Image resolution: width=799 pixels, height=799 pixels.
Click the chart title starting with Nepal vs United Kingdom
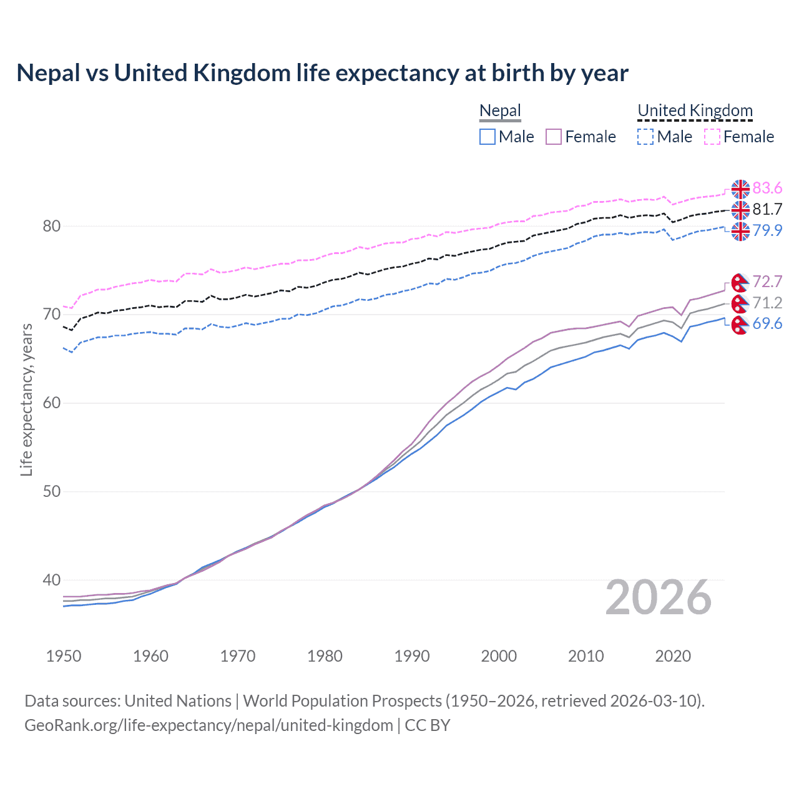point(322,73)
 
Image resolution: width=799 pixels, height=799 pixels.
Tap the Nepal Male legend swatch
point(488,137)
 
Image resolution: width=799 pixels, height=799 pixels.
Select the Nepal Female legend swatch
point(554,137)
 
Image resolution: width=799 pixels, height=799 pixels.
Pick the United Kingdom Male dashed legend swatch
point(645,137)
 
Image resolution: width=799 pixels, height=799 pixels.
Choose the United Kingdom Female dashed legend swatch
point(712,137)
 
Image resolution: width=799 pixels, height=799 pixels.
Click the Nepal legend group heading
point(500,111)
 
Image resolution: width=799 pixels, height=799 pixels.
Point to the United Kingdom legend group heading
point(695,111)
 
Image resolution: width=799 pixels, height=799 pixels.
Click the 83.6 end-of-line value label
point(767,189)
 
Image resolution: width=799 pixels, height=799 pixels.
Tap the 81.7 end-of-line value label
point(767,210)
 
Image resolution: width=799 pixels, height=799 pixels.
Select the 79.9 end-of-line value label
point(767,231)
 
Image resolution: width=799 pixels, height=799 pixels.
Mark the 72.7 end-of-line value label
point(767,282)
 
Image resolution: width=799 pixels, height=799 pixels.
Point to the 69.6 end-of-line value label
point(767,324)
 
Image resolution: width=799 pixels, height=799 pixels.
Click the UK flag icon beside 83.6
point(740,189)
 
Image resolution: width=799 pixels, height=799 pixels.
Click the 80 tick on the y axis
point(51,227)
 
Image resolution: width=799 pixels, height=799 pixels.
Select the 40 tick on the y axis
point(51,581)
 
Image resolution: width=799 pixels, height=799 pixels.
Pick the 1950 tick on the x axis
point(64,657)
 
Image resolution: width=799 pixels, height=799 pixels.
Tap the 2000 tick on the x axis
point(499,657)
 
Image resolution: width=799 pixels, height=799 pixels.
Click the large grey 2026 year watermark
point(658,598)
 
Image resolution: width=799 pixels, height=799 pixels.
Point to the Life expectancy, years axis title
point(27,400)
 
